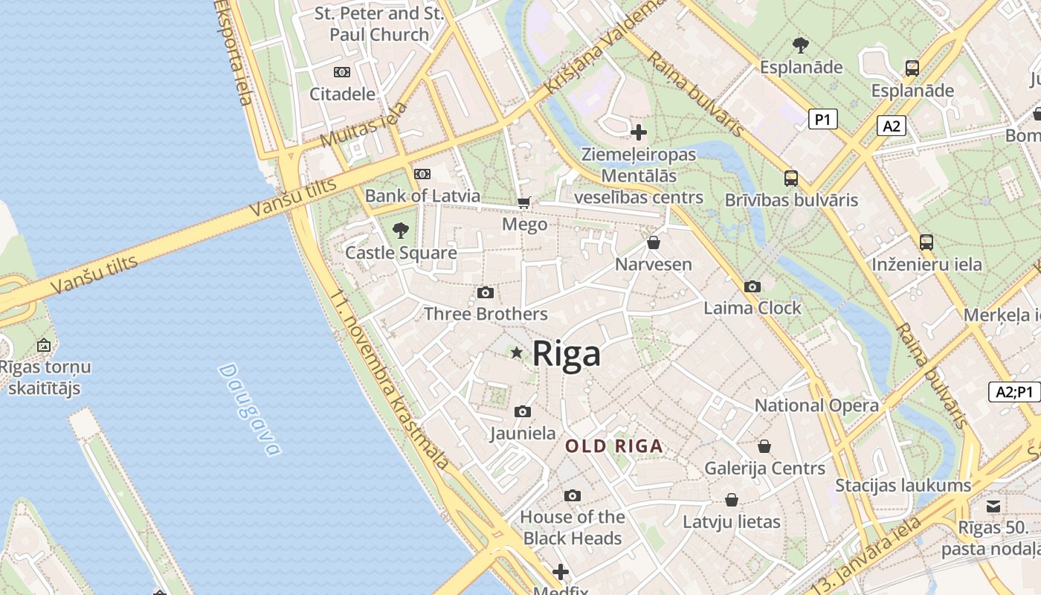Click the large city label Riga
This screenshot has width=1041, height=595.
point(567,353)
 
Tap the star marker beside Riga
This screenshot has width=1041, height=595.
point(517,353)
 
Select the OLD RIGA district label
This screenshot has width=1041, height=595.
point(613,446)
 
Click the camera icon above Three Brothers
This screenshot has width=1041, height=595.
point(486,292)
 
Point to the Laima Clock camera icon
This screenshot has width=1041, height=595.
point(752,286)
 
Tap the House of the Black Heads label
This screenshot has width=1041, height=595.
point(572,527)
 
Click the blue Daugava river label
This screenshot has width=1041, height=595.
point(251,410)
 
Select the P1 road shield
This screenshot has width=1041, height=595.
point(822,119)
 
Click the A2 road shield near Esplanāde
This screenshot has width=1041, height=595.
point(891,126)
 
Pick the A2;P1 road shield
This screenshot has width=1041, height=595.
point(1014,392)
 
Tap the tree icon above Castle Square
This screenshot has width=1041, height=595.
point(401,230)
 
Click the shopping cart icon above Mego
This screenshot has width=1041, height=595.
point(524,202)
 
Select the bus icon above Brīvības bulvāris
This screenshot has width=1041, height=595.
point(791,178)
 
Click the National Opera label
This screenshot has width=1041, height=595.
point(816,405)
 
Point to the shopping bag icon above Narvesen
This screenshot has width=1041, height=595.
point(653,242)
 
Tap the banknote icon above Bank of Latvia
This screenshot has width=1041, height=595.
point(422,174)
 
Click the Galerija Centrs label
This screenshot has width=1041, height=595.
point(764,469)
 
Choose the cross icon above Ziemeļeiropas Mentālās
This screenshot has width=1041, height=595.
point(638,133)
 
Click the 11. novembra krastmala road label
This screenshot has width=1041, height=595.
point(390,379)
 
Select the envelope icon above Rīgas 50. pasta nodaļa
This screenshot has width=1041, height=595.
point(993,506)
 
